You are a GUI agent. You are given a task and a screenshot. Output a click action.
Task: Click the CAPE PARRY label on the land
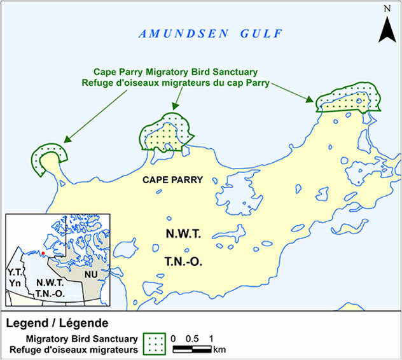tap(172, 180)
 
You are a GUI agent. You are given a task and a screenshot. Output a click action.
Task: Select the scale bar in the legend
tap(192, 349)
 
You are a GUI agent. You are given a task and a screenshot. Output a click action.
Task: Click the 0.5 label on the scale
tap(193, 338)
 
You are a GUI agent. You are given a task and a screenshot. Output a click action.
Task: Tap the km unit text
tap(219, 349)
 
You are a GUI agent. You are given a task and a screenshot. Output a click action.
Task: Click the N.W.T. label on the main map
tap(181, 235)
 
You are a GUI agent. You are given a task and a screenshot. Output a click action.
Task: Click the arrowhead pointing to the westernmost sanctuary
tap(67, 139)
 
